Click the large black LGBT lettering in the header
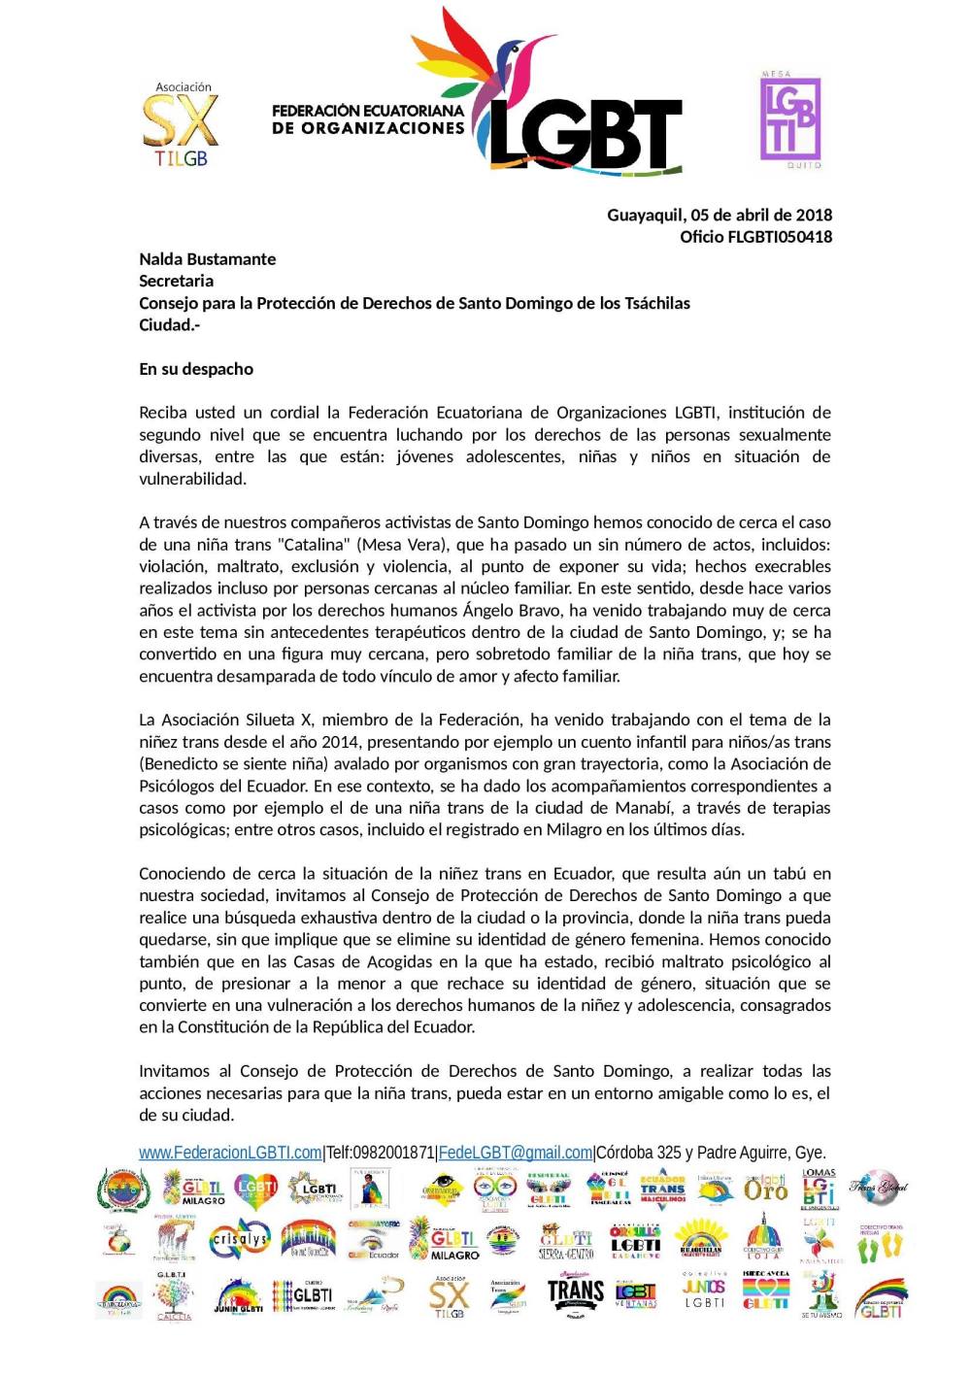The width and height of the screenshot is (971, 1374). pos(585,134)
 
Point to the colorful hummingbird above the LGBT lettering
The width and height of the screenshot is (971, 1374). pos(505,58)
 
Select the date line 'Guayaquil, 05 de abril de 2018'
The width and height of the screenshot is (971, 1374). pos(720,215)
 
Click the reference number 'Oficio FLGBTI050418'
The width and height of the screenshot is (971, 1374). pos(755,237)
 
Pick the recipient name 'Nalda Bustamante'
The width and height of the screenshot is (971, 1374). pos(207,259)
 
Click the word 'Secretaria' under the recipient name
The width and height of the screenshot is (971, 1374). pos(176,281)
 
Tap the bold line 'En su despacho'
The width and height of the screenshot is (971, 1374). pos(196,369)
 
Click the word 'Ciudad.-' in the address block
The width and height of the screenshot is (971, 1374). pos(169,324)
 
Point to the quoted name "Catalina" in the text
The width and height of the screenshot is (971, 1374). pos(314,545)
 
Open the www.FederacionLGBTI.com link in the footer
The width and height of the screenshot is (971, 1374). pos(230,1153)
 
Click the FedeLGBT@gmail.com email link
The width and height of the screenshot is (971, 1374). pos(516,1153)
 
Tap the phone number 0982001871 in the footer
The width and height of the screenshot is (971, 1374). pos(393,1153)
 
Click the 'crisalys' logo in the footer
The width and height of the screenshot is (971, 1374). pos(240,1240)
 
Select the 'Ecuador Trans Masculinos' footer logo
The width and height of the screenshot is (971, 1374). pos(662,1189)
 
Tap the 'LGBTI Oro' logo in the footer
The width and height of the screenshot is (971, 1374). pos(765,1188)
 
